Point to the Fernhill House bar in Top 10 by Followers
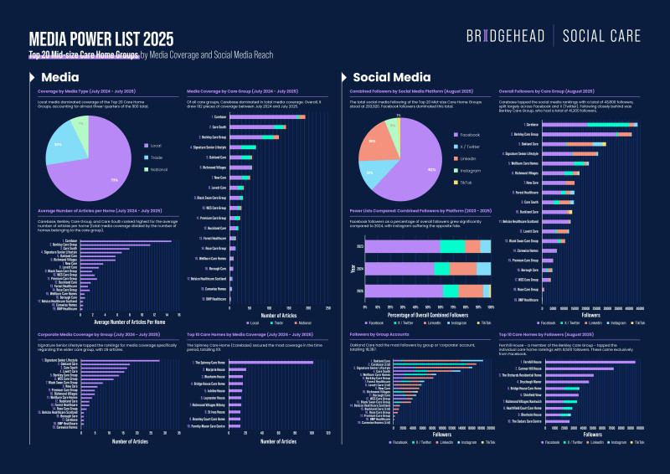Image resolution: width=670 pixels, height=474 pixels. [591, 361]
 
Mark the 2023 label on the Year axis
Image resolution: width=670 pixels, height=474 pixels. [360, 246]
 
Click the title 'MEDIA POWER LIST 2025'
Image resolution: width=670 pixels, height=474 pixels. [101, 39]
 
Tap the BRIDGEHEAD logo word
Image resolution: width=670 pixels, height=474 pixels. [505, 36]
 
